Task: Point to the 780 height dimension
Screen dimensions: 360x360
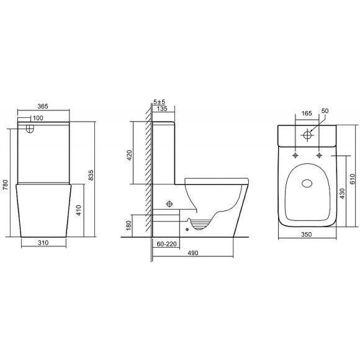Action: [x=7, y=186]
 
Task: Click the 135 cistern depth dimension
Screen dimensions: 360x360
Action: [x=163, y=109]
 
